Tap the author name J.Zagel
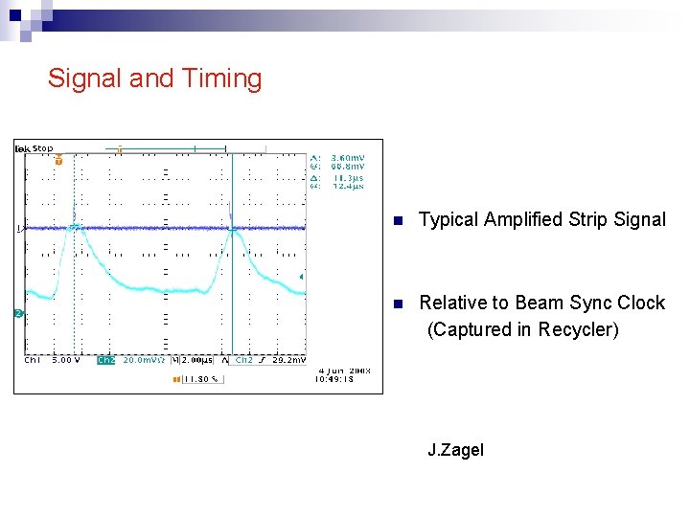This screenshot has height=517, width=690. (455, 450)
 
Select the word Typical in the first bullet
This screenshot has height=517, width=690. (448, 219)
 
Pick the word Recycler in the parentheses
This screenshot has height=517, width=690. (575, 329)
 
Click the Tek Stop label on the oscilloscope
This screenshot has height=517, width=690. (34, 148)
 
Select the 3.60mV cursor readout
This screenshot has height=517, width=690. (347, 157)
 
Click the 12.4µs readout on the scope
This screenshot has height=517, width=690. (347, 186)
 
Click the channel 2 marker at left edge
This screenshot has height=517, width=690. (18, 314)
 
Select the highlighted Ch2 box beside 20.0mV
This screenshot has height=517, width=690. (105, 361)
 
